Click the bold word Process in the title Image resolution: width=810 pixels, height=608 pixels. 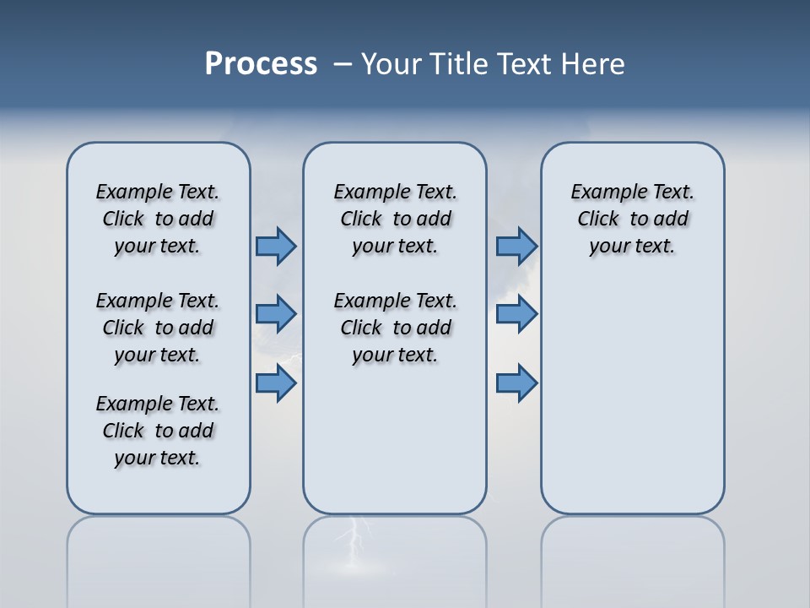(x=261, y=64)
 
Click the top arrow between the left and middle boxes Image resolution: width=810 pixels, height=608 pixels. (x=276, y=246)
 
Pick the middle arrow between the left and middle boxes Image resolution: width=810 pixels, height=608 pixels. (x=276, y=314)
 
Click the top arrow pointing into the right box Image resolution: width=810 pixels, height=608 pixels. (x=516, y=246)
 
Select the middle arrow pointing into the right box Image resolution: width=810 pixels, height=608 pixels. (x=516, y=314)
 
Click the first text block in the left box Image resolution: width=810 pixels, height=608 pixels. (x=158, y=219)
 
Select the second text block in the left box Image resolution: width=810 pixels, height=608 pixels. (x=158, y=328)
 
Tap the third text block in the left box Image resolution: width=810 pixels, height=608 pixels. (x=158, y=431)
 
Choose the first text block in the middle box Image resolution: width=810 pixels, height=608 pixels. (x=395, y=219)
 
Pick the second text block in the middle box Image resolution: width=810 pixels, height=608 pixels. (x=395, y=328)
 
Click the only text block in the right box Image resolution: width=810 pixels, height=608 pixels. (x=633, y=219)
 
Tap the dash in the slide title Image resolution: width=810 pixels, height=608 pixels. (x=343, y=64)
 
